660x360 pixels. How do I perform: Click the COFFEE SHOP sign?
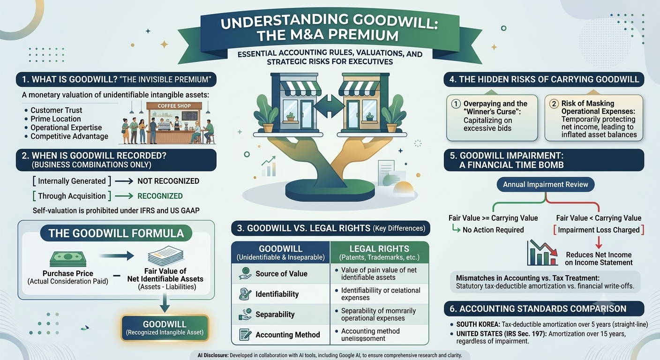[174, 106]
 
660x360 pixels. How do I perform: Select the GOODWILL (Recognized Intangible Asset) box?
[165, 328]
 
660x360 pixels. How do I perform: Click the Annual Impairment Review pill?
[545, 184]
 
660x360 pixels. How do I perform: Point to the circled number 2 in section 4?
[554, 104]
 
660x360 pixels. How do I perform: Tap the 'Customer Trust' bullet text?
[56, 110]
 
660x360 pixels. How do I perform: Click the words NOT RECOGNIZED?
[168, 181]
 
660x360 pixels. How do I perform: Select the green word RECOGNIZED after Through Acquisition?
[160, 196]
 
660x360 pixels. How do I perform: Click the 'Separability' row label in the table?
[275, 315]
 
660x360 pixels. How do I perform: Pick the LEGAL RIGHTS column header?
[379, 252]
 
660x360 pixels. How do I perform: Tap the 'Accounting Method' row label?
[287, 335]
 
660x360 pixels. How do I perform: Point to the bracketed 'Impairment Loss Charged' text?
[599, 230]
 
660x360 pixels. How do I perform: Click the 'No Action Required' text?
[493, 230]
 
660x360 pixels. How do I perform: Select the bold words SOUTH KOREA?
[478, 324]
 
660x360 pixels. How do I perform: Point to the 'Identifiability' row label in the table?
[277, 294]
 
